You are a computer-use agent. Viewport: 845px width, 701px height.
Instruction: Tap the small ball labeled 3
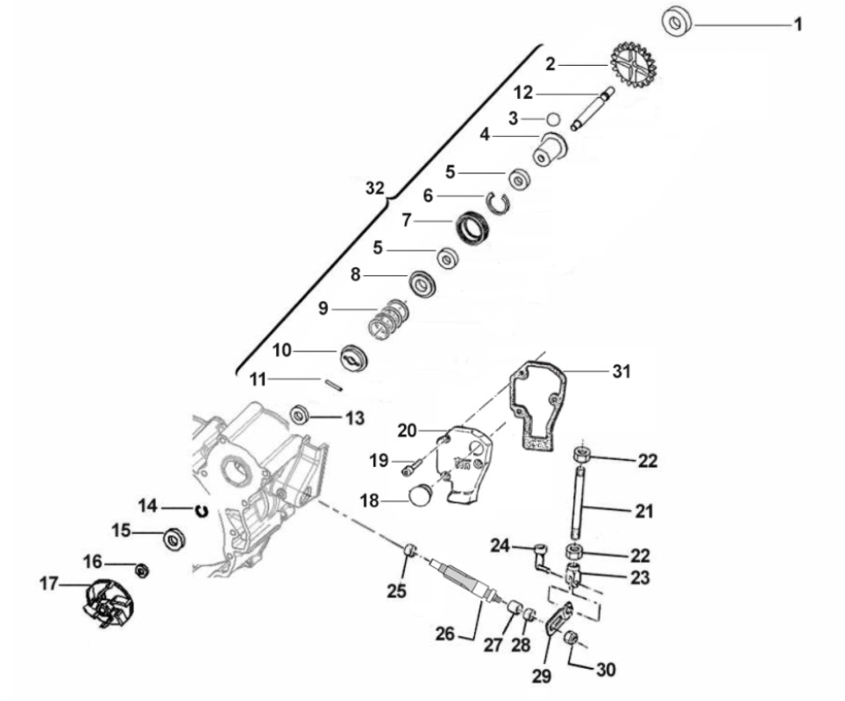552,118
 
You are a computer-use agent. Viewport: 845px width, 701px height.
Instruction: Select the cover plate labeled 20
465,464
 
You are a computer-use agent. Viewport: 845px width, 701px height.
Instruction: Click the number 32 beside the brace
374,188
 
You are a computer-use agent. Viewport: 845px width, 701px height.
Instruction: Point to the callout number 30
605,670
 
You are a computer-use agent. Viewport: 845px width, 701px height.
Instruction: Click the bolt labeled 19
411,469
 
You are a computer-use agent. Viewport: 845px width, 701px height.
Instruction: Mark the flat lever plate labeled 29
557,620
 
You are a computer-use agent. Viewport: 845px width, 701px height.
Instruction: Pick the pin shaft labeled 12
593,108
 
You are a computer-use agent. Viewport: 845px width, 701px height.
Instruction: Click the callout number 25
397,591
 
